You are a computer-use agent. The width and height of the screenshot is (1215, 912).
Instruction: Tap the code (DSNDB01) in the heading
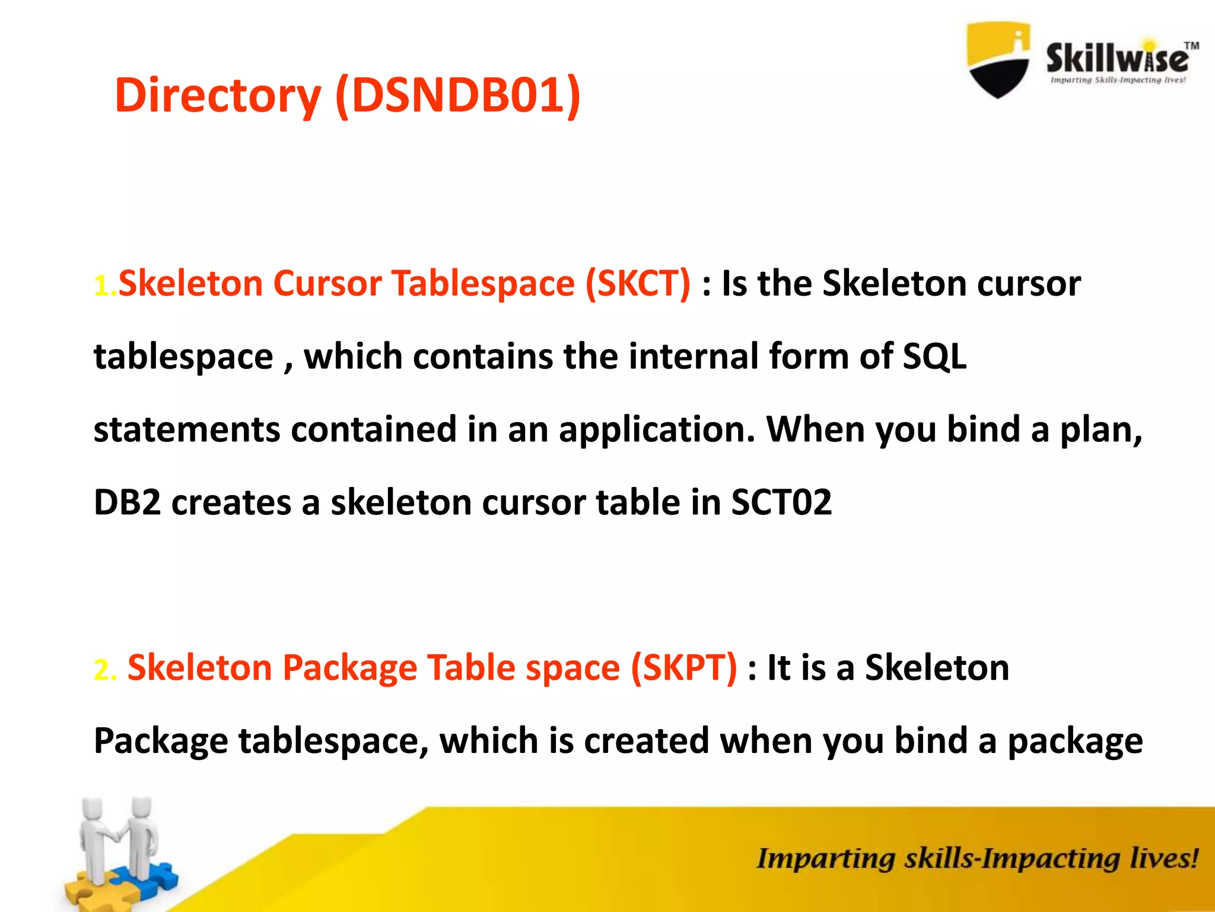[x=457, y=95]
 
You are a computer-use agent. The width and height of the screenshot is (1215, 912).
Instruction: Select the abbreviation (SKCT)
[x=638, y=283]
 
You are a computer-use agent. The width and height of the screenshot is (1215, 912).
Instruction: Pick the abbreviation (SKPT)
[x=683, y=667]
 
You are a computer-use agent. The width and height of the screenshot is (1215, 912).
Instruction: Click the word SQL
[x=934, y=356]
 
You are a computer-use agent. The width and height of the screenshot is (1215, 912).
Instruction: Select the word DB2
[x=128, y=502]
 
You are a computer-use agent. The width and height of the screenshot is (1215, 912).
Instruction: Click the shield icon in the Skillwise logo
[x=998, y=59]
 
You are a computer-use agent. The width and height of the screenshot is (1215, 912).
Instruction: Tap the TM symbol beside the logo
[x=1191, y=46]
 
